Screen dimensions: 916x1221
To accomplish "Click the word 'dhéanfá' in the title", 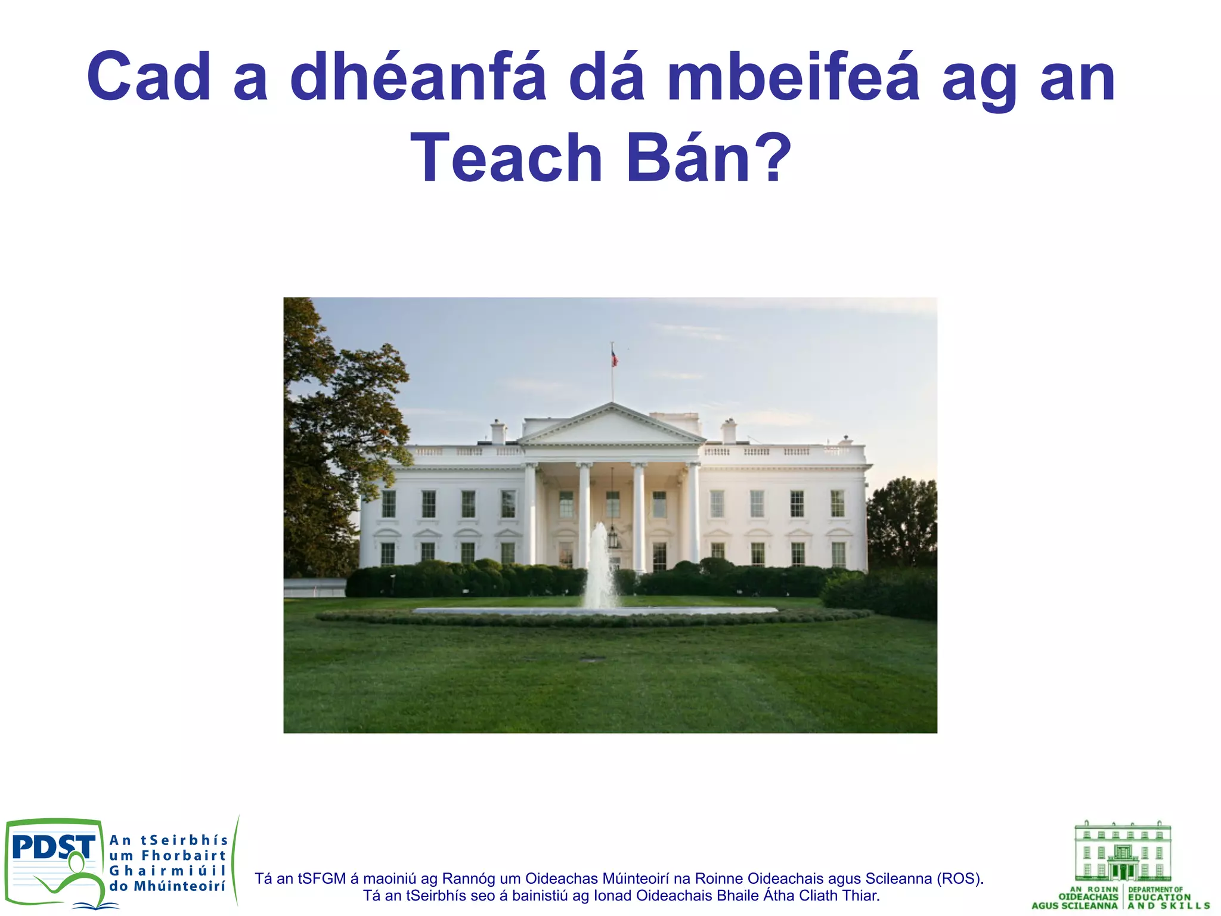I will tap(417, 78).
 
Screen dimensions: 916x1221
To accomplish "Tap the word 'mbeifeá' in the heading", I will tap(793, 78).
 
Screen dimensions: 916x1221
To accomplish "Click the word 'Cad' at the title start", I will tap(149, 78).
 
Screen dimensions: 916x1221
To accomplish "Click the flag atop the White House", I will tap(614, 358).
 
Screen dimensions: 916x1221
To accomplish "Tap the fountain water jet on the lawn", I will tap(599, 567).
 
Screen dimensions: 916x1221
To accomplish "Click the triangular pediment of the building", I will tap(611, 426).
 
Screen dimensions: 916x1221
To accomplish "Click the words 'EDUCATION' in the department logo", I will tap(1159, 897).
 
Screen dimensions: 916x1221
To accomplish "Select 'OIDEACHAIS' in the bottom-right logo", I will tap(1088, 897).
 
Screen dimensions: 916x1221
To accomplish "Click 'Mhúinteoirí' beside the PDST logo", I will tap(179, 886).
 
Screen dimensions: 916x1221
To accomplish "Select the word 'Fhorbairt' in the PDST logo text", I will tap(184, 856).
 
